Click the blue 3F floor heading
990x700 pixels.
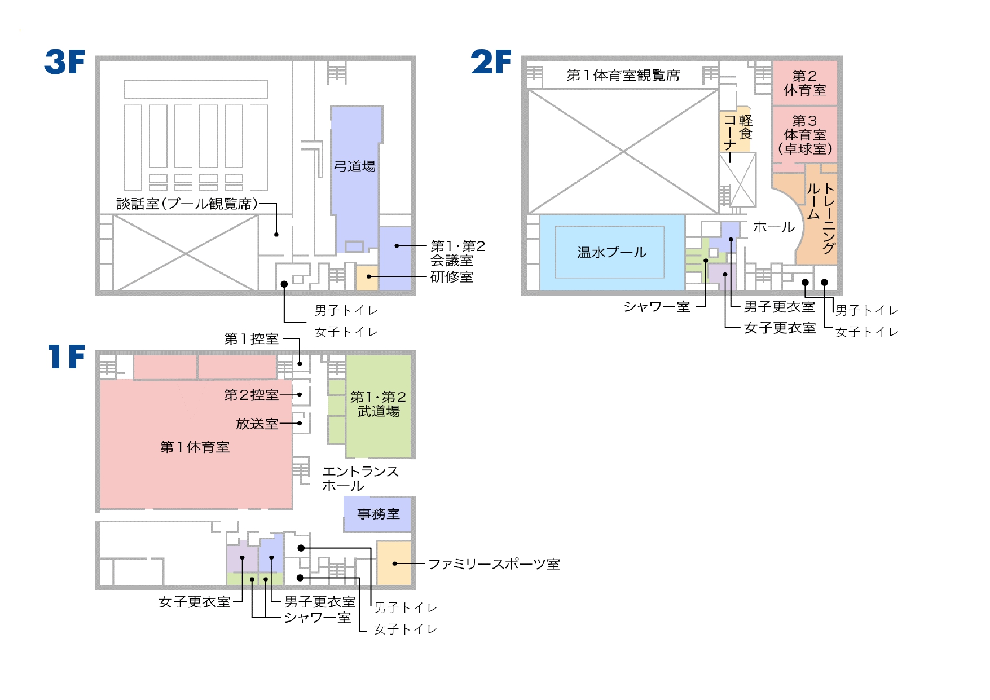point(65,62)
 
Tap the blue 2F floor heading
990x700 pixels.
point(491,62)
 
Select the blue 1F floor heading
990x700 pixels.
point(67,356)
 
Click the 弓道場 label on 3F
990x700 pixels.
point(355,166)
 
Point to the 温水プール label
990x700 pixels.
point(612,252)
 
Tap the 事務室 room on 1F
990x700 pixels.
point(378,514)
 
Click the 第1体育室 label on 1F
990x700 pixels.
point(195,447)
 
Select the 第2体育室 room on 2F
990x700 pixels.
point(804,83)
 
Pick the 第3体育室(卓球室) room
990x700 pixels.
point(804,135)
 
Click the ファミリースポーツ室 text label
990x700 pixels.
point(494,564)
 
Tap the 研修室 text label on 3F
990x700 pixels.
point(452,277)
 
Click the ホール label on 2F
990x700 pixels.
point(774,227)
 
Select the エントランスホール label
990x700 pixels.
point(360,478)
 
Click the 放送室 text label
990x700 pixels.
point(257,424)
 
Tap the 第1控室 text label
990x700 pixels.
point(252,339)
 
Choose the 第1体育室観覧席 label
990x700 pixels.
point(623,75)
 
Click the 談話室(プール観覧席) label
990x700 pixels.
point(187,204)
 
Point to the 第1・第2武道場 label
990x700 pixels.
point(379,404)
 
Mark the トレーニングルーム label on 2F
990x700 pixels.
point(821,217)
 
